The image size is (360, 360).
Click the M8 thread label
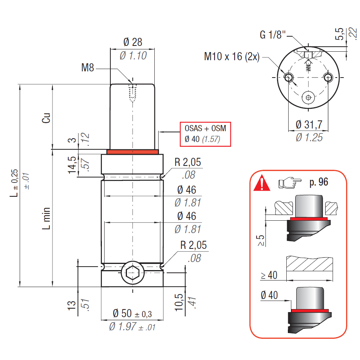88,68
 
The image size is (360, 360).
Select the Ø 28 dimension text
133,42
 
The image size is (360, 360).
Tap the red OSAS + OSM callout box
205,134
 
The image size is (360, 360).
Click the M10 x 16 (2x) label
232,57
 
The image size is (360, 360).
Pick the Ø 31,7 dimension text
309,125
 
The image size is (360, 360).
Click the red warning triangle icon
262,183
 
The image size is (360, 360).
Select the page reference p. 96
319,182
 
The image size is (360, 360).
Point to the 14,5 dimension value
72,165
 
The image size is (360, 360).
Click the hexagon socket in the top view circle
308,98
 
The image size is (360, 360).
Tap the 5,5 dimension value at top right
340,34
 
